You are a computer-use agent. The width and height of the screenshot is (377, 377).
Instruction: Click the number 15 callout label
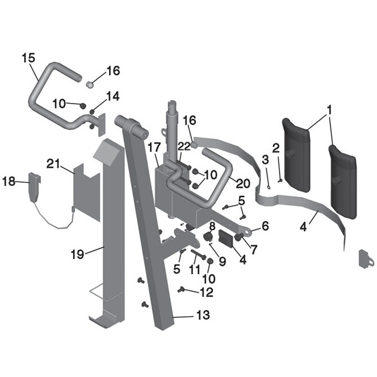click(x=28, y=58)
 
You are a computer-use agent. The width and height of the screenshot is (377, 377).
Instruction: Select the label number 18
click(x=9, y=182)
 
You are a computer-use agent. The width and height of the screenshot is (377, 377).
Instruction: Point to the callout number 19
click(x=77, y=253)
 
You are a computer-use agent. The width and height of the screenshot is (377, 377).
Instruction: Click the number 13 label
click(x=203, y=316)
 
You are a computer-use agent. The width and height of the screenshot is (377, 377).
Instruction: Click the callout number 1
click(x=330, y=110)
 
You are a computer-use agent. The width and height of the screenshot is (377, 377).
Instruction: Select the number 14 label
click(x=112, y=96)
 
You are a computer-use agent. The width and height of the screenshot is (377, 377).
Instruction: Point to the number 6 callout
click(x=265, y=227)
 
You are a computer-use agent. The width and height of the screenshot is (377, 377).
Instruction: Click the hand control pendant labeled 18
click(x=34, y=187)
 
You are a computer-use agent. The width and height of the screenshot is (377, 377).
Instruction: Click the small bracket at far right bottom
click(x=366, y=258)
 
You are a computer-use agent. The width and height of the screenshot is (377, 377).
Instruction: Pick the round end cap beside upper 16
click(x=90, y=82)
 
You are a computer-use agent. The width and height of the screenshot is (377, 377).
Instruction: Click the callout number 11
click(x=194, y=271)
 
